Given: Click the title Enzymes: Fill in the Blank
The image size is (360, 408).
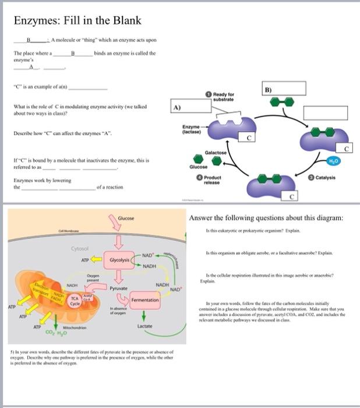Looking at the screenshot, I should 78,21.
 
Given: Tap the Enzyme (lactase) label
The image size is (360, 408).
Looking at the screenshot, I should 191,129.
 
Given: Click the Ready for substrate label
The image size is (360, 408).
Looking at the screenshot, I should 223,96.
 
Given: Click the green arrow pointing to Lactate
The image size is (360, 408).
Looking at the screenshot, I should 143,315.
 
